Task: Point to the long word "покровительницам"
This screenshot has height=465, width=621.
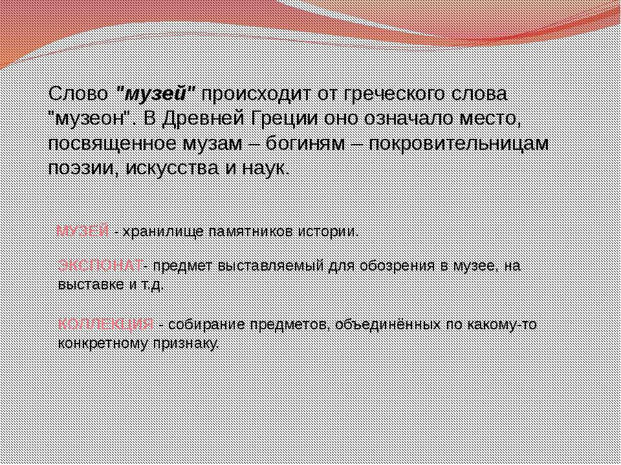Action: tap(459, 143)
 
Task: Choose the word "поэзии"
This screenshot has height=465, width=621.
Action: tap(74, 168)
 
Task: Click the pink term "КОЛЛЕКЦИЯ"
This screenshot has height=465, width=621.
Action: tap(105, 324)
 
